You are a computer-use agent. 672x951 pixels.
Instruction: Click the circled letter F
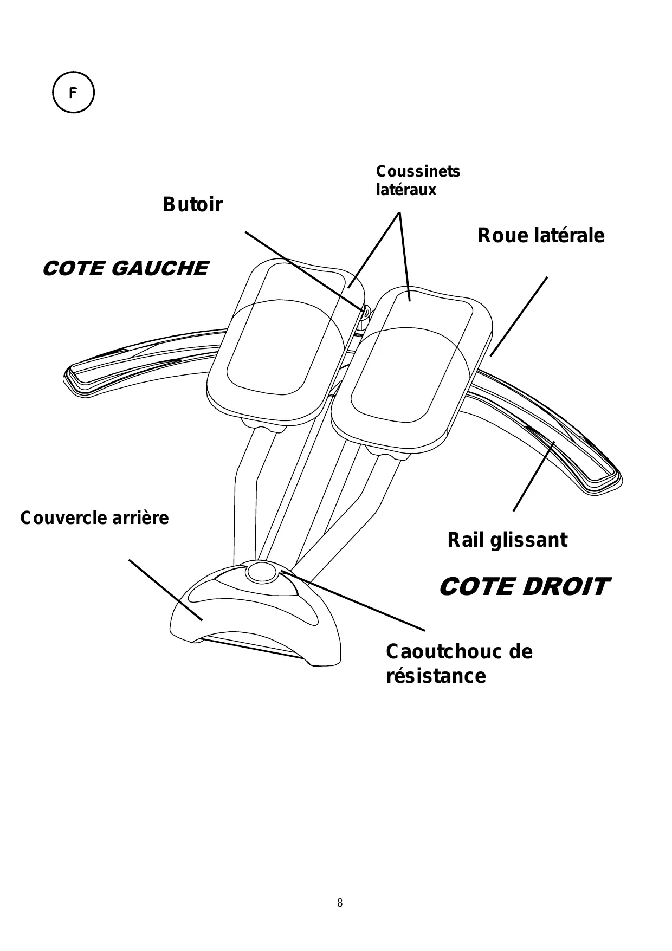coord(73,93)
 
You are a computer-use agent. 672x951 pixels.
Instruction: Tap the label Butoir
coord(192,205)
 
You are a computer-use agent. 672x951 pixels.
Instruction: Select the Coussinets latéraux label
coord(417,180)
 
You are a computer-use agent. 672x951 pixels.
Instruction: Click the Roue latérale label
coord(540,236)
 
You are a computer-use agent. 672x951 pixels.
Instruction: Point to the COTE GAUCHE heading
coord(125,269)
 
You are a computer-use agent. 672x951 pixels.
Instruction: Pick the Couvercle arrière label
coord(94,518)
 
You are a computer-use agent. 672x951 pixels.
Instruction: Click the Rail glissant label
coord(507,540)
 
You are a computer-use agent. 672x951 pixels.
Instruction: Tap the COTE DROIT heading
coord(524,587)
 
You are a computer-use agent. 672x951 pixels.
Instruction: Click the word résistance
coord(436,676)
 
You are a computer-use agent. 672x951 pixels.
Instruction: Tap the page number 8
coord(340,903)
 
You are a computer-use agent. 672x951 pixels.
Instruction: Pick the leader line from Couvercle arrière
coord(165,590)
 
